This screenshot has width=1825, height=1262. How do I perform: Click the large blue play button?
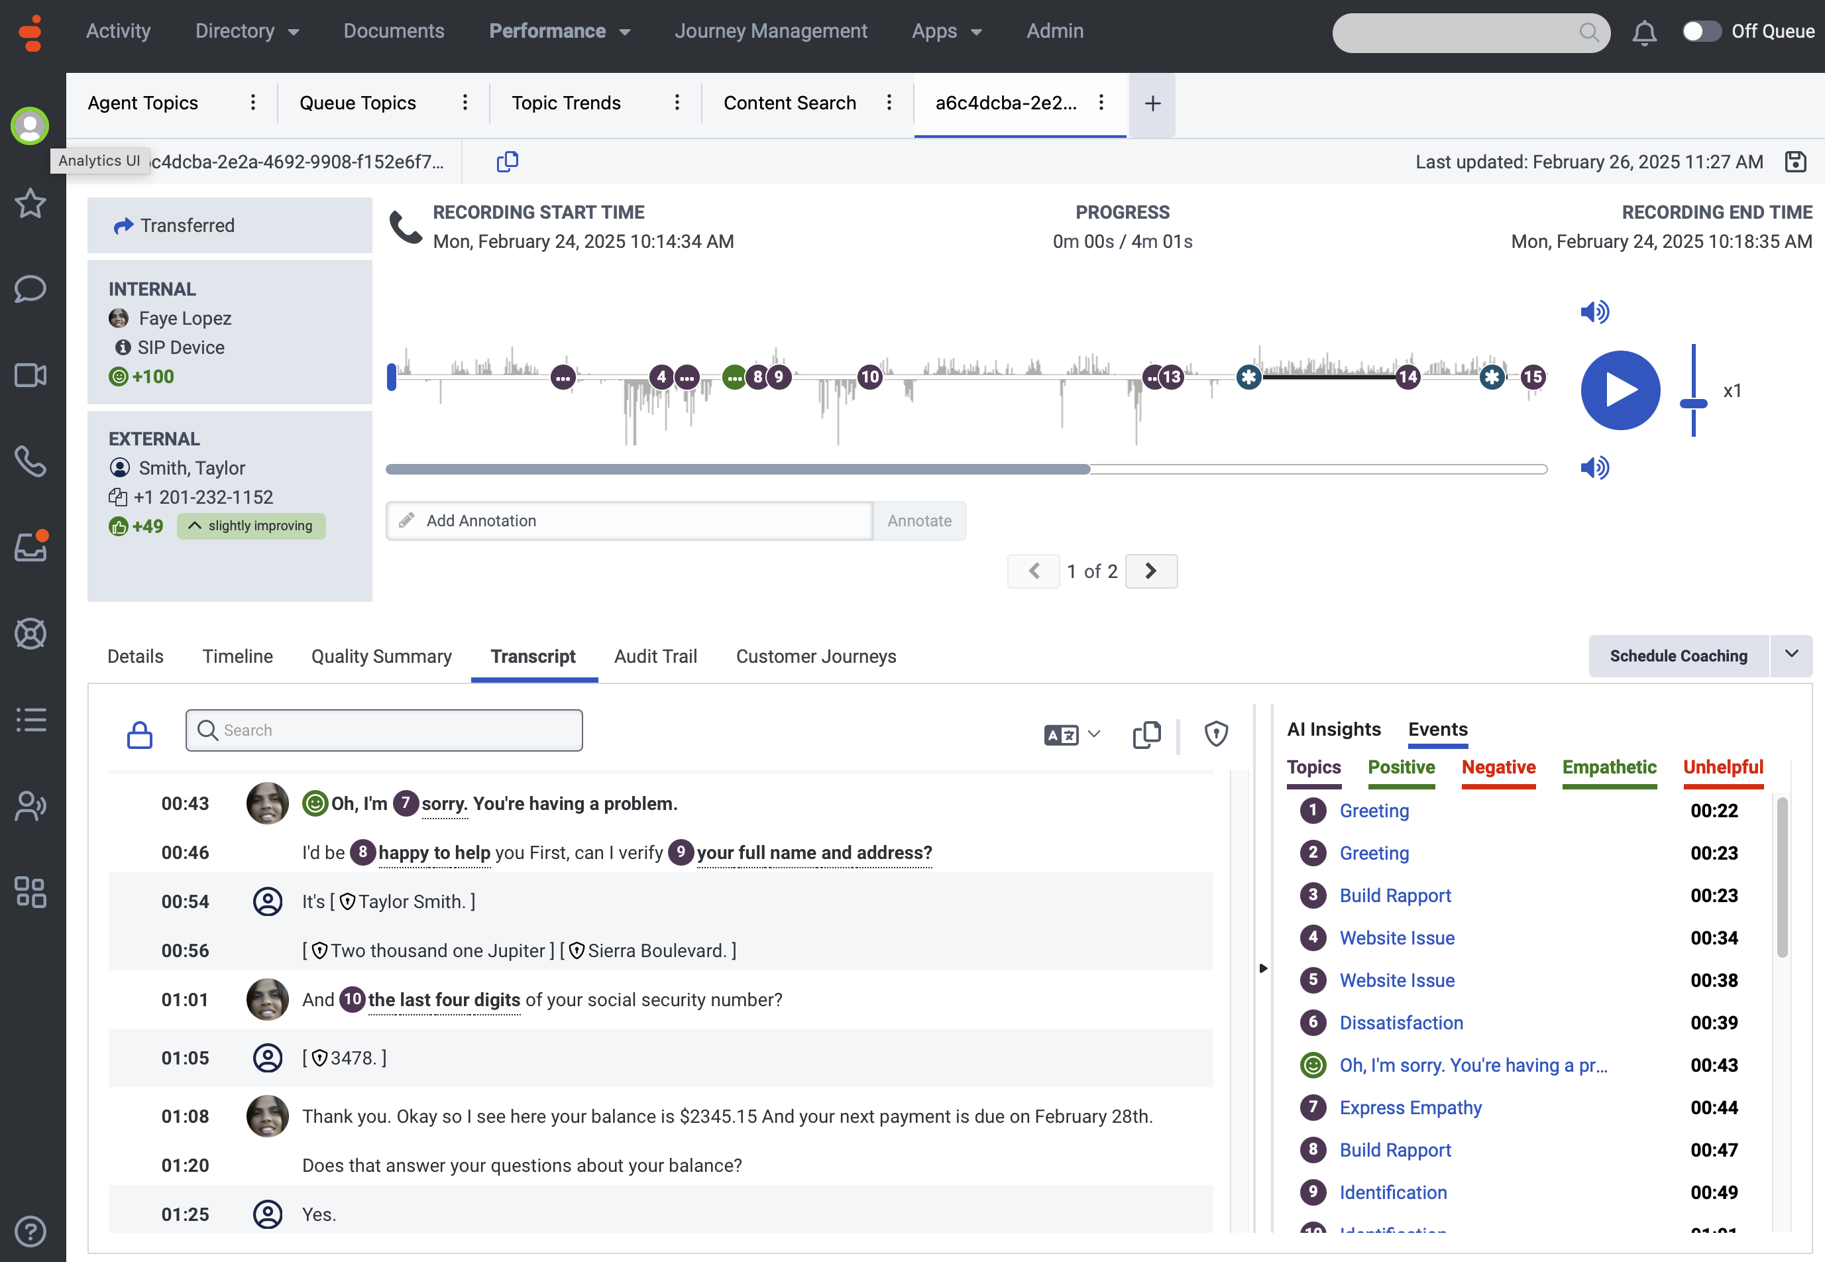coord(1620,390)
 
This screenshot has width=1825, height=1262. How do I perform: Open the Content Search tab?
coord(790,103)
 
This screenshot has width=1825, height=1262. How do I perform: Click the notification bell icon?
coord(1644,32)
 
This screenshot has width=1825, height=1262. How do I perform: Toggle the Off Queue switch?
coord(1702,32)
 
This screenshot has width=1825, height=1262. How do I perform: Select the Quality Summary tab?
coord(381,656)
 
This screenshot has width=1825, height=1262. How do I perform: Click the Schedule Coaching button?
coord(1678,656)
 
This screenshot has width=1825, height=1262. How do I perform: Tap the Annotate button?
coord(919,520)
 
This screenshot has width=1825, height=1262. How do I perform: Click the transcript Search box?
coord(384,730)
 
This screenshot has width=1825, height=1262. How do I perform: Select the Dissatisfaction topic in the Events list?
coord(1401,1023)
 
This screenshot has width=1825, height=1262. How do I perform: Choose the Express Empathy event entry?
coord(1410,1107)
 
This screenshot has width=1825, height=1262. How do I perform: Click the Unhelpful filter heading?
coord(1722,767)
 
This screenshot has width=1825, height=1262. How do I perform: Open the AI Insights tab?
coord(1333,729)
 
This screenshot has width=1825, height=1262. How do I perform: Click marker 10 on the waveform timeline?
coord(869,377)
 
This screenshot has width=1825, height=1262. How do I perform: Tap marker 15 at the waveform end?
coord(1533,377)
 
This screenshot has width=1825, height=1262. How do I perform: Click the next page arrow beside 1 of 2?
coord(1151,571)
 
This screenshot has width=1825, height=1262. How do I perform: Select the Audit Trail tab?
coord(655,656)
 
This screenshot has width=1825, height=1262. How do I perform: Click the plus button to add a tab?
coord(1152,103)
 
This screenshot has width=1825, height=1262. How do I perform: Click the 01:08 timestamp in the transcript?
coord(185,1116)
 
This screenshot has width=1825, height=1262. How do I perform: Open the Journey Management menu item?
coord(771,31)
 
